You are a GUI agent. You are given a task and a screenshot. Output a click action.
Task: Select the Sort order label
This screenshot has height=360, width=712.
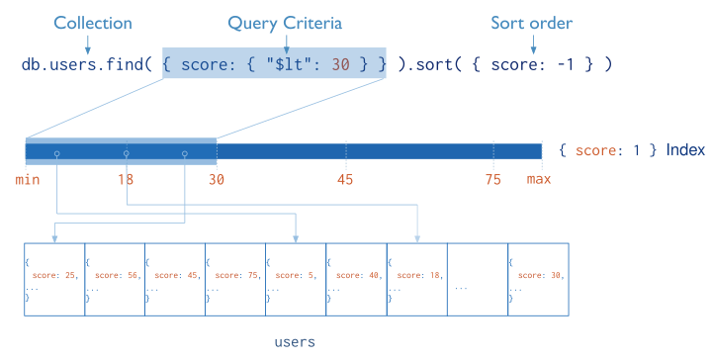click(531, 22)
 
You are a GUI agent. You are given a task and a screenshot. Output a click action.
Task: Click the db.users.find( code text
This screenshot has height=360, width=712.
click(87, 64)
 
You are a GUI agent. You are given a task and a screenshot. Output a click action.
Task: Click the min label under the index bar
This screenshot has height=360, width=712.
click(27, 179)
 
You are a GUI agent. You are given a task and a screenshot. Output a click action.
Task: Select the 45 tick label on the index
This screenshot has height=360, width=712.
click(345, 179)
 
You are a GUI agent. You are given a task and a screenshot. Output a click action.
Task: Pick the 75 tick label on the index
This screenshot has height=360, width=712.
click(492, 179)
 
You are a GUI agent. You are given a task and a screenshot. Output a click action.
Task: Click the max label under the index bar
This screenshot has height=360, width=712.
click(539, 179)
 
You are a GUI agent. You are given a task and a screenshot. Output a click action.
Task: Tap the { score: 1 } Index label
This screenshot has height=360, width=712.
click(631, 150)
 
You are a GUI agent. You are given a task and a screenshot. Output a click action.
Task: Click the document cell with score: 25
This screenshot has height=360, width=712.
click(54, 278)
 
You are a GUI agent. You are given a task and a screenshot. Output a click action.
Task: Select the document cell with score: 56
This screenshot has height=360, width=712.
click(115, 278)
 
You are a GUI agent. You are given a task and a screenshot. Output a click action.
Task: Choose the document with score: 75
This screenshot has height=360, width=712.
click(234, 278)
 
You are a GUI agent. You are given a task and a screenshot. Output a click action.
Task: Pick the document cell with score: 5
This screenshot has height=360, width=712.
click(295, 278)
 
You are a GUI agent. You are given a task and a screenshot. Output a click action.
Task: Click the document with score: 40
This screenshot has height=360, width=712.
click(355, 278)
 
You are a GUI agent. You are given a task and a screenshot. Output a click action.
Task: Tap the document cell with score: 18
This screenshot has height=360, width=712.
click(415, 278)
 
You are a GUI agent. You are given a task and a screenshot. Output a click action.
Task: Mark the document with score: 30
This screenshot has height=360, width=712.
click(537, 278)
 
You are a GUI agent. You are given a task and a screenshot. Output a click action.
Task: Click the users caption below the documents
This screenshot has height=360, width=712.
click(294, 342)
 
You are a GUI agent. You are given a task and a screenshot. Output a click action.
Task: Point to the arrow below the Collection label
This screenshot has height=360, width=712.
click(87, 44)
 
